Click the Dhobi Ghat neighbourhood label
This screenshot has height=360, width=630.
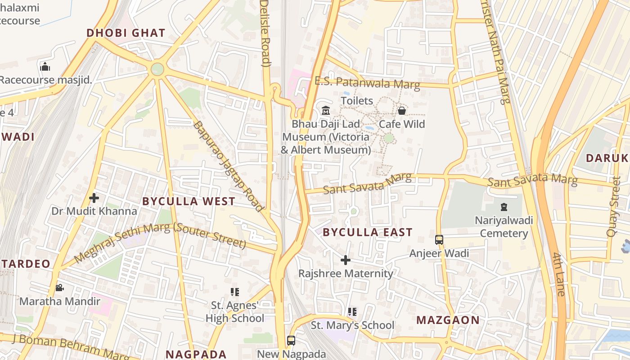126,33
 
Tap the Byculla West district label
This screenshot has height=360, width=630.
189,201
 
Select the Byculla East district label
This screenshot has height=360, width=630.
368,232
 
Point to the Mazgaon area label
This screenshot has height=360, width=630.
448,320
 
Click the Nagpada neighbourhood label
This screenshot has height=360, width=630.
196,354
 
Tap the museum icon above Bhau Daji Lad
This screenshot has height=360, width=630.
326,110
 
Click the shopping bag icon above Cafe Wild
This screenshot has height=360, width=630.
402,110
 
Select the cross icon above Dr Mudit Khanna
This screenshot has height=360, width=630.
94,198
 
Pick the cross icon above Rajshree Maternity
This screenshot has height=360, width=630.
346,260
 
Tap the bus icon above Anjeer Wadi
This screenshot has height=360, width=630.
439,240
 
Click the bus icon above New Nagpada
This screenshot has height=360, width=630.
291,341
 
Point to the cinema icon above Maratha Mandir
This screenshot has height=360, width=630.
59,288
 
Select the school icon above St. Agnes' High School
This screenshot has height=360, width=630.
234,292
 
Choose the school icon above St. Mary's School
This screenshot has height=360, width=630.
352,311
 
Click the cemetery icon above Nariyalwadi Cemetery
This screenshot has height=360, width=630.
504,207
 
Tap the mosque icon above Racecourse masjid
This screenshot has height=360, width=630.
45,67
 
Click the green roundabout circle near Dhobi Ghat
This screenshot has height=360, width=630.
157,69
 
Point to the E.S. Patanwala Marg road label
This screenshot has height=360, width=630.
367,83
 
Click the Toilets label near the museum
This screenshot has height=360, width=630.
357,100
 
